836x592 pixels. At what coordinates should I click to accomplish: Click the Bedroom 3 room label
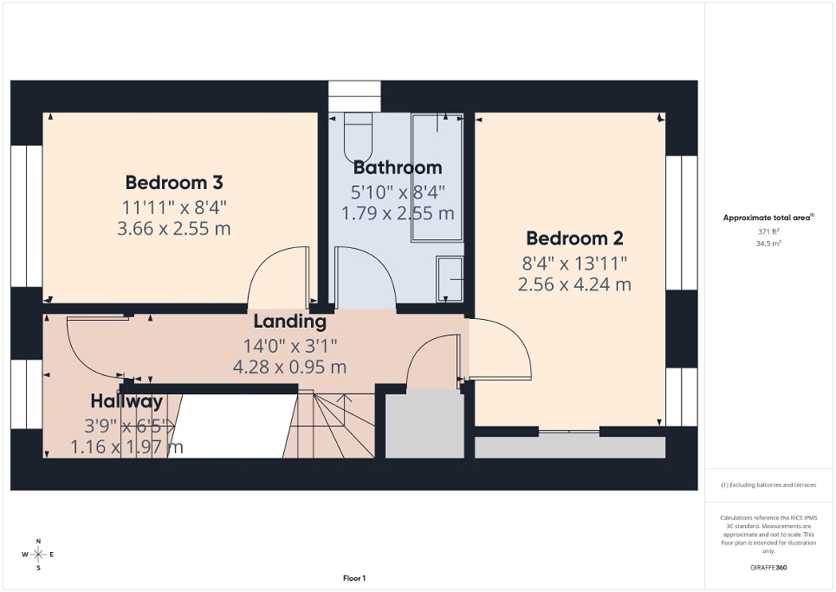pyautogui.click(x=174, y=182)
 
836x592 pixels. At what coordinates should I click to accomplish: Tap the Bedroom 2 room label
pyautogui.click(x=574, y=238)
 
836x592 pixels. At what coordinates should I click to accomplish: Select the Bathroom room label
pyautogui.click(x=398, y=167)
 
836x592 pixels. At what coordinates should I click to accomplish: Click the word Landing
pyautogui.click(x=289, y=322)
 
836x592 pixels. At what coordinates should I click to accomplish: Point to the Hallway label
pyautogui.click(x=126, y=401)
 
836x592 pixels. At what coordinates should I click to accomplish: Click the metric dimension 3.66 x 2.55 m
pyautogui.click(x=174, y=229)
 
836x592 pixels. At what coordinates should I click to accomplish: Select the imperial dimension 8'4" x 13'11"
pyautogui.click(x=574, y=262)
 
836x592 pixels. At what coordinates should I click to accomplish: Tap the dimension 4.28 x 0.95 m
pyautogui.click(x=289, y=367)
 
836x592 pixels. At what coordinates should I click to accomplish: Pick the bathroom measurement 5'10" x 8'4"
pyautogui.click(x=398, y=191)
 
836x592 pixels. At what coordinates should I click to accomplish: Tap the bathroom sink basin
pyautogui.click(x=450, y=280)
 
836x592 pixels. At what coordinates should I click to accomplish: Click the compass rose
pyautogui.click(x=38, y=554)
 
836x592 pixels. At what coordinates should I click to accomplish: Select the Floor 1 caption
pyautogui.click(x=353, y=578)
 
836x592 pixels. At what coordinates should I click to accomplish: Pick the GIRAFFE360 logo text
pyautogui.click(x=769, y=568)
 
